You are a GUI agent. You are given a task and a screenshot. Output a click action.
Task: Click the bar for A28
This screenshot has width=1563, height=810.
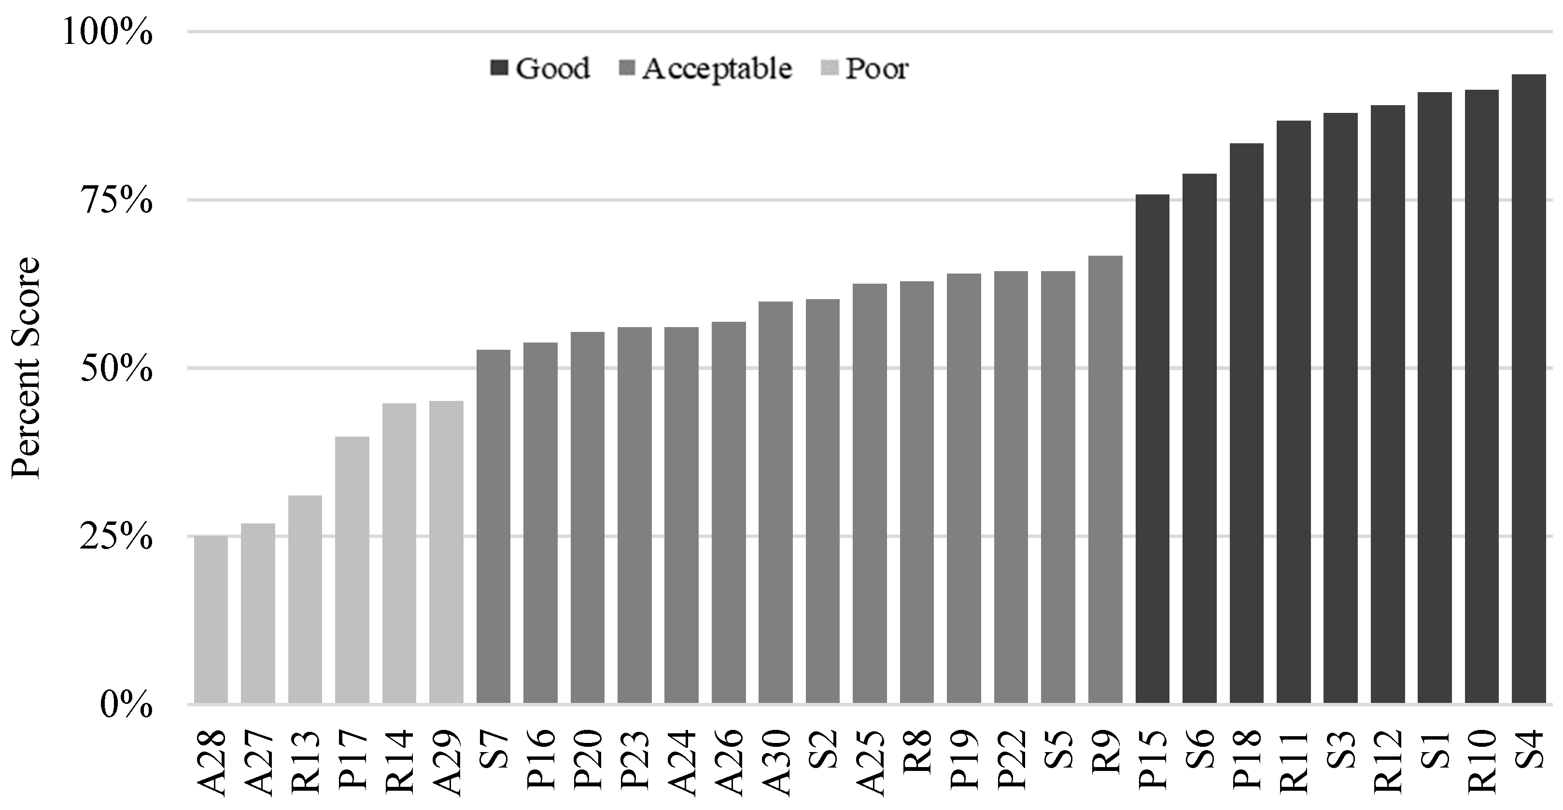[x=211, y=619]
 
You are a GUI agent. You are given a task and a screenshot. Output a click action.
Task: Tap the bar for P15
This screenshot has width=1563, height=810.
[x=1152, y=449]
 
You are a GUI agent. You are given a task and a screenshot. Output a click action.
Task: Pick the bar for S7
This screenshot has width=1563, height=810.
[x=493, y=527]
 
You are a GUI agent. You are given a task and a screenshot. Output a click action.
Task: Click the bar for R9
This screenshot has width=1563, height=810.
[x=1105, y=480]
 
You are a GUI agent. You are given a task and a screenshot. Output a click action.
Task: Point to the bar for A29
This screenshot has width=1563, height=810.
[x=446, y=552]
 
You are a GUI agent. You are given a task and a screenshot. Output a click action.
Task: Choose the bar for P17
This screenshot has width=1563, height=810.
[x=352, y=570]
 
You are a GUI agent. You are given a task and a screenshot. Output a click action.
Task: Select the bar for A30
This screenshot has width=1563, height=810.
[x=775, y=503]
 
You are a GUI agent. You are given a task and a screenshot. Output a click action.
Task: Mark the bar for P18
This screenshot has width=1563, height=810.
[x=1246, y=424]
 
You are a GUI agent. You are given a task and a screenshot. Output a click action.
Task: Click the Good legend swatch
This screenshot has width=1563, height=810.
[x=499, y=68]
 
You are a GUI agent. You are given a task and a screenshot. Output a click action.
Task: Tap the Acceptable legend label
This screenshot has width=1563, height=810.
[x=717, y=69]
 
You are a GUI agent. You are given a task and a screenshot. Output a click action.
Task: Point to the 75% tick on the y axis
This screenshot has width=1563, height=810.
[x=117, y=201]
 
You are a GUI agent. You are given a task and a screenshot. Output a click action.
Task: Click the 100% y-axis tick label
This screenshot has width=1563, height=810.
[x=107, y=32]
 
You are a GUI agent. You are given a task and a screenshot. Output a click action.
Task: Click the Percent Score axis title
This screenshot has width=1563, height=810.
[x=25, y=368]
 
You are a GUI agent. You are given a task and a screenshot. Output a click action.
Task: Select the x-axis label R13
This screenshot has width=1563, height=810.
[x=305, y=762]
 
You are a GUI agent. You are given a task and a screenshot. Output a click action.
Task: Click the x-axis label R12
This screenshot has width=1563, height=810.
[x=1387, y=762]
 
